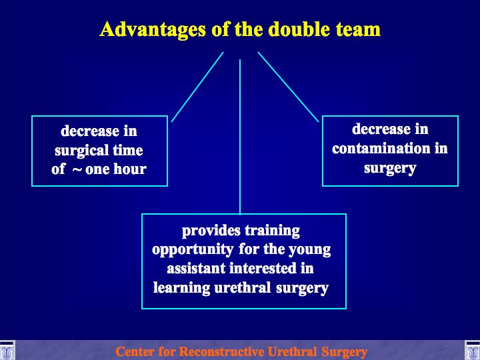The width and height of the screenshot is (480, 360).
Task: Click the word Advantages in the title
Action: coord(153,30)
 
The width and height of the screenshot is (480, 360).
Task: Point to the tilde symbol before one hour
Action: coord(77,169)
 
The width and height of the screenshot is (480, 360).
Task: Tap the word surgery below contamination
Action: coord(390,169)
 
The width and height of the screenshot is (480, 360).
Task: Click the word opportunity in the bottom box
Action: coord(193,250)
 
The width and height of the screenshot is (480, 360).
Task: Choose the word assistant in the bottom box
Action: coord(196,269)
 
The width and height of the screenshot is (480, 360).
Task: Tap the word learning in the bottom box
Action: coord(181,288)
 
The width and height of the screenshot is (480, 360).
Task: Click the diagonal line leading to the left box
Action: coord(197,87)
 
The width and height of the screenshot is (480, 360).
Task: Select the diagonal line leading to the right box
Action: coord(288,87)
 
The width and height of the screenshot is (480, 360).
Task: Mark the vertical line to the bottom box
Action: coord(240,137)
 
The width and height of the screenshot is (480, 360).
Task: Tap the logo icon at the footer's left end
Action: coord(7,351)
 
